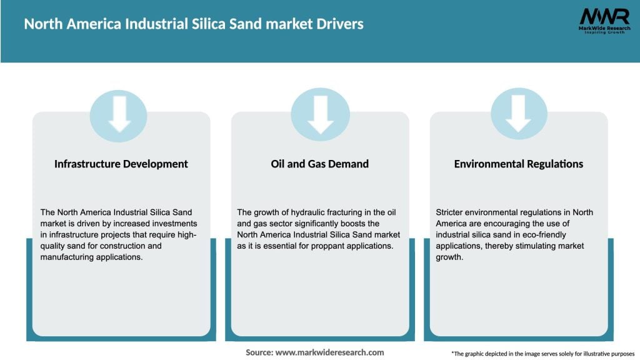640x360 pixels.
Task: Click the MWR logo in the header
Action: pyautogui.click(x=604, y=17)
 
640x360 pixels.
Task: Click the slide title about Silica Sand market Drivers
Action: pyautogui.click(x=194, y=24)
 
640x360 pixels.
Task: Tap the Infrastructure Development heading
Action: pyautogui.click(x=121, y=164)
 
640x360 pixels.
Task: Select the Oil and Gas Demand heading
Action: pyautogui.click(x=320, y=164)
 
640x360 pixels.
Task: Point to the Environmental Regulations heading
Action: pyautogui.click(x=518, y=164)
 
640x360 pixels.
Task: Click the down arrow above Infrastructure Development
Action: pyautogui.click(x=119, y=114)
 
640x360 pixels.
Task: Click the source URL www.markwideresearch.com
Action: pyautogui.click(x=329, y=352)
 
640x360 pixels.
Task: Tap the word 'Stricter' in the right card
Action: pyautogui.click(x=450, y=212)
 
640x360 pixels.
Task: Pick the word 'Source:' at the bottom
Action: pyautogui.click(x=259, y=352)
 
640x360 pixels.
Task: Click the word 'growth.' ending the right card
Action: pyautogui.click(x=449, y=257)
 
